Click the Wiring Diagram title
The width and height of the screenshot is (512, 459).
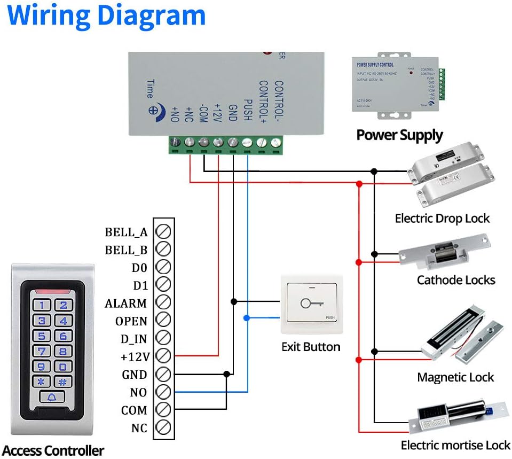[107, 15]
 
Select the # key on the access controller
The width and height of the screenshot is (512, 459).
[63, 382]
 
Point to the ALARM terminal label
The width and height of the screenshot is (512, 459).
[125, 304]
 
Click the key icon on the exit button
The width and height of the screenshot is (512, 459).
[309, 304]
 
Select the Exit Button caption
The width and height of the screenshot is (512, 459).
[311, 347]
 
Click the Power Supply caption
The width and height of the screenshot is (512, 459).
[399, 135]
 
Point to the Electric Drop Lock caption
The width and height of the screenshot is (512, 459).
[442, 218]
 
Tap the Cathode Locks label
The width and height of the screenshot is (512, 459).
[456, 280]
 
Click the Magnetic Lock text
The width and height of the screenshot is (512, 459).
[455, 377]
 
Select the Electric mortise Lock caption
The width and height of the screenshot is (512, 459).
[455, 445]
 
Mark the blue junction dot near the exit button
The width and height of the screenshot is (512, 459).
[246, 318]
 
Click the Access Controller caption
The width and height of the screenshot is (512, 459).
[53, 450]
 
